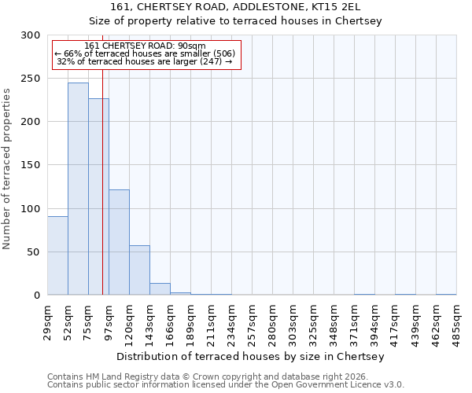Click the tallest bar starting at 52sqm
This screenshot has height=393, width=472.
click(x=78, y=189)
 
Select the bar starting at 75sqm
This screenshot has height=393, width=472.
click(x=98, y=196)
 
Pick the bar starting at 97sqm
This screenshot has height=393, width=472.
click(x=119, y=242)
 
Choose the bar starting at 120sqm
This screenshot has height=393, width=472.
click(x=139, y=270)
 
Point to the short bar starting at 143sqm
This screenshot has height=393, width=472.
click(x=160, y=289)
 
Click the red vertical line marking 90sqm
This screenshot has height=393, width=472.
click(x=103, y=157)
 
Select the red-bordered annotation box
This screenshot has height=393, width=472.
click(x=146, y=53)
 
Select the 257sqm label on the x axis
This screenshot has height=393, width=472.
click(x=253, y=319)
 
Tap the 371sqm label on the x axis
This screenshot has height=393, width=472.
click(x=355, y=319)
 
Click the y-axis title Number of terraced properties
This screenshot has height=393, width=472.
click(x=8, y=168)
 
